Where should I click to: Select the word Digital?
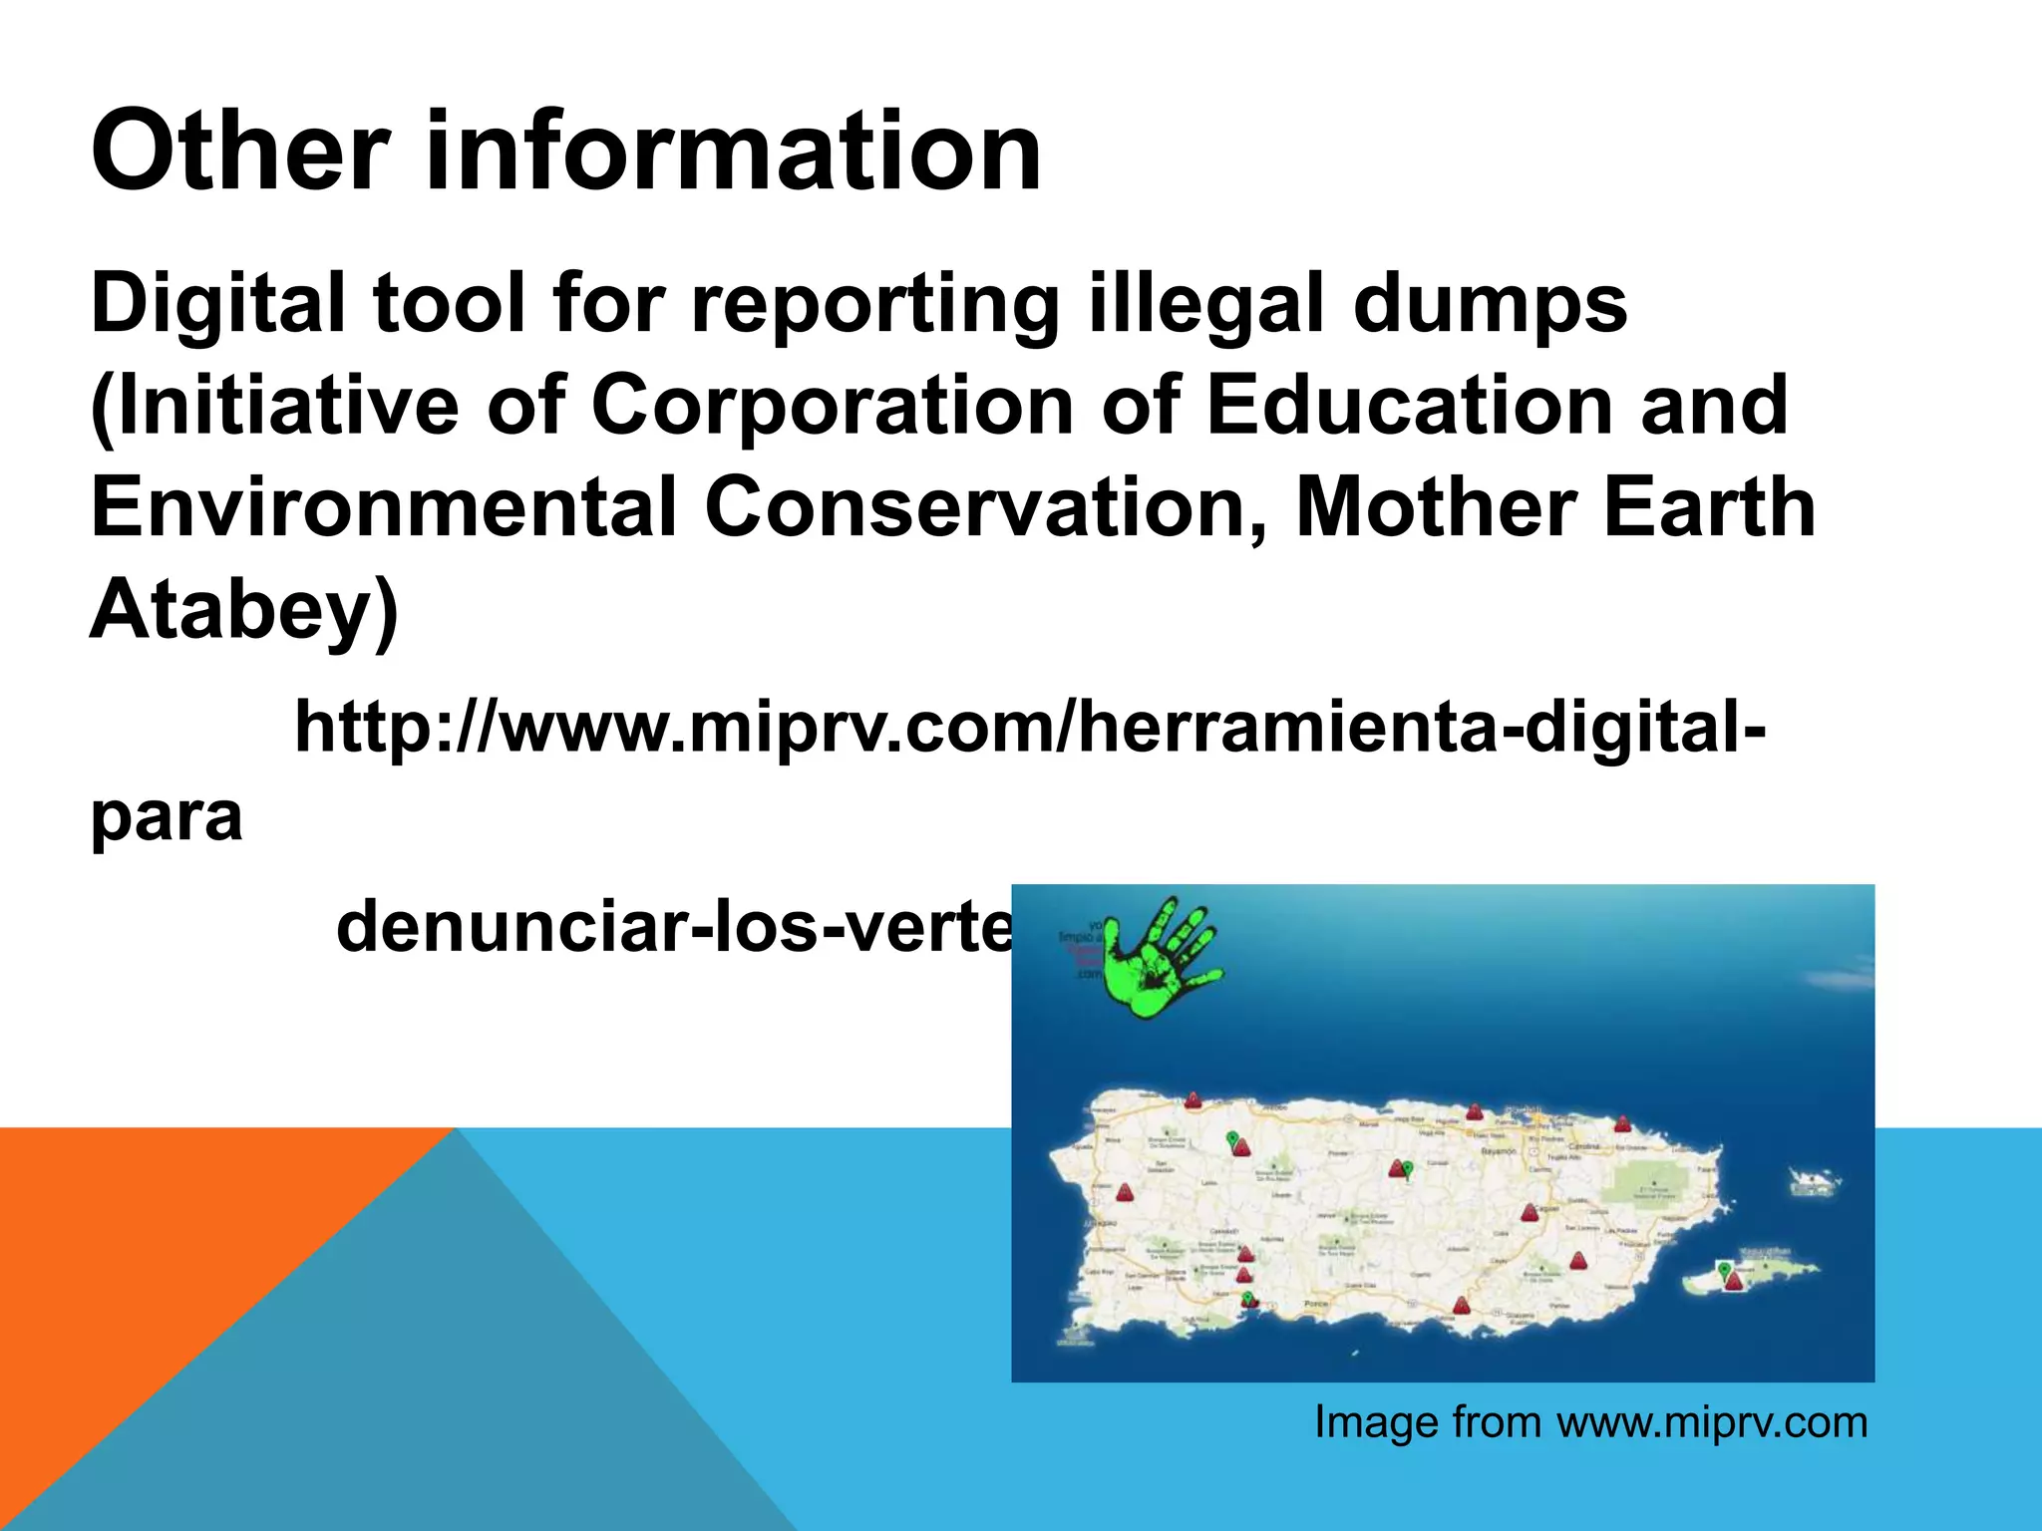[x=217, y=303]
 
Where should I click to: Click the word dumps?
[x=1490, y=303]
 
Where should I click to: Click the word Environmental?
[x=384, y=507]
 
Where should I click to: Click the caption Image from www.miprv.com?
[x=1590, y=1422]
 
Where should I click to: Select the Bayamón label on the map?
[x=1498, y=1151]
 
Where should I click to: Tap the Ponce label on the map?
[x=1317, y=1305]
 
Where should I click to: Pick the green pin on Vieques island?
[x=1724, y=1269]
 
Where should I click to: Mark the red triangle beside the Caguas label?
[x=1529, y=1213]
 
